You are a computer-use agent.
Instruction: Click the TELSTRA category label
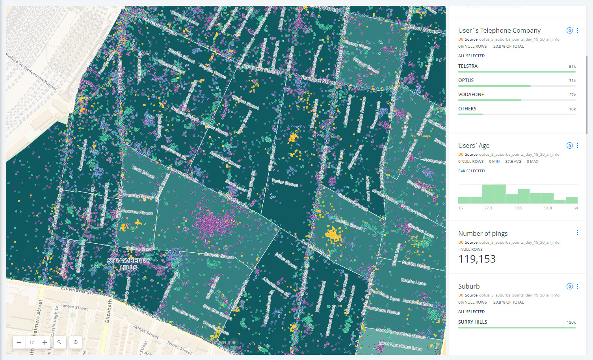pyautogui.click(x=468, y=66)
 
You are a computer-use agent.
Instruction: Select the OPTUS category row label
pyautogui.click(x=466, y=80)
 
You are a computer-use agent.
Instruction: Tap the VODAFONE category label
pyautogui.click(x=471, y=95)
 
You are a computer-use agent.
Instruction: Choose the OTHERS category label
pyautogui.click(x=467, y=109)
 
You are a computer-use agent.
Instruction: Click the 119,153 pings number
pyautogui.click(x=477, y=259)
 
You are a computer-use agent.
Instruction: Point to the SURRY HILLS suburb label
pyautogui.click(x=472, y=322)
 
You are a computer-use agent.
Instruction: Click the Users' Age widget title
pyautogui.click(x=474, y=145)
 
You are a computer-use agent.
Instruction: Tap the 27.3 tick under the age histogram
pyautogui.click(x=488, y=208)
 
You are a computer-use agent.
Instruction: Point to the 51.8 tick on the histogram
pyautogui.click(x=548, y=208)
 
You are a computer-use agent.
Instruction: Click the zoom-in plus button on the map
pyautogui.click(x=45, y=342)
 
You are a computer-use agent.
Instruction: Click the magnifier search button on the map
pyautogui.click(x=59, y=342)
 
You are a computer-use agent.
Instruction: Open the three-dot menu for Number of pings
pyautogui.click(x=578, y=233)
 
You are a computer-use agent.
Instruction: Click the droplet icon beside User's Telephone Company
pyautogui.click(x=569, y=30)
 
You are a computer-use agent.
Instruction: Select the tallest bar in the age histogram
pyautogui.click(x=500, y=194)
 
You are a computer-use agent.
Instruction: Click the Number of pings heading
pyautogui.click(x=483, y=233)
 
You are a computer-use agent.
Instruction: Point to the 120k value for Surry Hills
pyautogui.click(x=571, y=323)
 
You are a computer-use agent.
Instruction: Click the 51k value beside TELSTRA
pyautogui.click(x=572, y=67)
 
